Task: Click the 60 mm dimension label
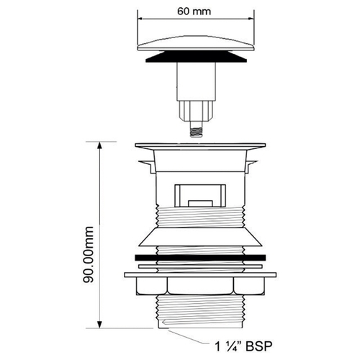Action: [194, 12]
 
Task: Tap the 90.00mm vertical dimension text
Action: [89, 254]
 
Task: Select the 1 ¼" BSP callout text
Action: [243, 346]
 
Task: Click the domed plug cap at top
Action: [196, 44]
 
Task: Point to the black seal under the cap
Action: [196, 57]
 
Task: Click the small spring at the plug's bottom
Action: [196, 132]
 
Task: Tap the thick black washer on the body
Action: [200, 258]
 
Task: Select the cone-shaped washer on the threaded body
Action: [200, 237]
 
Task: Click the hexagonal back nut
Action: [200, 287]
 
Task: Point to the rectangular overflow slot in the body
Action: [200, 196]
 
